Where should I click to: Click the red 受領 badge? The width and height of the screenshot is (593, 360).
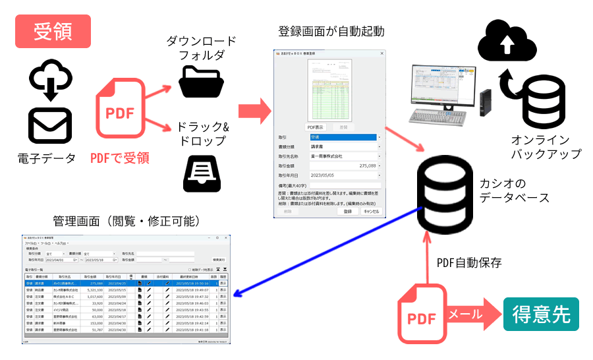53,32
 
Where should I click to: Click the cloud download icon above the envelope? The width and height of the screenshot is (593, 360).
50,77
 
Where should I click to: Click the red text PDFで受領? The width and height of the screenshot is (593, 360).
120,158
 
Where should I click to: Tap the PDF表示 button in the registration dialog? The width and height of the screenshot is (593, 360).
315,126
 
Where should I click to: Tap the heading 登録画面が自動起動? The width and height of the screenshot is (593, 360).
331,31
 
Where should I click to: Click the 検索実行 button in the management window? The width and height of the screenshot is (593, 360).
219,260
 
